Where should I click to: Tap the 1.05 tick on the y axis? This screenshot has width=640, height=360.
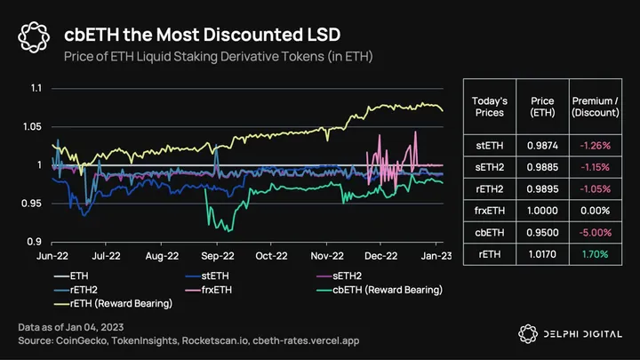coord(33,127)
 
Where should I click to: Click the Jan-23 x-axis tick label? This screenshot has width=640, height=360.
coord(434,255)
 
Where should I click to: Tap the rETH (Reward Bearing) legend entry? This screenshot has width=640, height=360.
coord(105,303)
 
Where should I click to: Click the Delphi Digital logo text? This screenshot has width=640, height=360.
coord(582,332)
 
